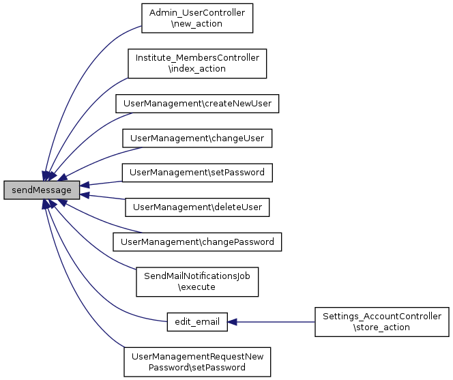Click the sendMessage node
(x=42, y=190)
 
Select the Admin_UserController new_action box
(x=197, y=18)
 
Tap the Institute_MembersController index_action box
(x=197, y=63)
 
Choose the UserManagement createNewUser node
(x=198, y=103)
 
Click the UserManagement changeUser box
(x=197, y=138)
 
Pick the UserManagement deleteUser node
(x=197, y=207)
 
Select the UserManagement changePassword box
(x=197, y=242)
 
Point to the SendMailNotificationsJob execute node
(x=197, y=281)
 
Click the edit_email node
(x=196, y=321)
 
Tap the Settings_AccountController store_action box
(x=381, y=321)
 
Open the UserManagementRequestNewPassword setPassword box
(x=197, y=362)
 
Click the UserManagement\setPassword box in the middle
(x=197, y=173)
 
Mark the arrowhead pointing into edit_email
(x=233, y=321)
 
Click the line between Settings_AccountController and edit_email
(x=273, y=321)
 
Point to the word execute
(x=197, y=287)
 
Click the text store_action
(x=381, y=327)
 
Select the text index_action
(x=197, y=69)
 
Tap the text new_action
(x=197, y=24)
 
